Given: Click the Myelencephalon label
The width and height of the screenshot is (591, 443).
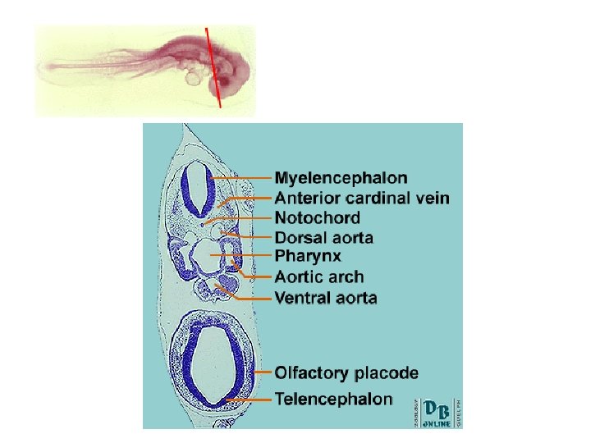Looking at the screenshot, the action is pos(341,177).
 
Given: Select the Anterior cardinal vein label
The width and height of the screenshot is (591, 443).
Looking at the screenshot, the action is pos(362,198).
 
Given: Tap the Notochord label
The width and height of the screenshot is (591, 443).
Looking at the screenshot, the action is pos(317,218).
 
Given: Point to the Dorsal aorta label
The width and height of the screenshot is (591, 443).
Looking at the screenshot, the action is pos(324,238).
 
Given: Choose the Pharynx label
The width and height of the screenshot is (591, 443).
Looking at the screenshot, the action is pos(308,257).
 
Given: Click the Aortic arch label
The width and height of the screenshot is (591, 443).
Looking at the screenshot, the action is pos(319,277).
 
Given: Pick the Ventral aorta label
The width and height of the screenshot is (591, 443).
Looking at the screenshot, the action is pos(326,297).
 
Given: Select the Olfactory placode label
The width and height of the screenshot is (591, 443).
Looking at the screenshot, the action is pos(346,373).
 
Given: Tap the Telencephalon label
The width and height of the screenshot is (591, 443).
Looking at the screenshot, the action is pos(333,400).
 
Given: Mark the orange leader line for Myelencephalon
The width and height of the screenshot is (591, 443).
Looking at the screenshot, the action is pos(242,177).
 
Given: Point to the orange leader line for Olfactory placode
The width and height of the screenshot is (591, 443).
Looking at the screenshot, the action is pos(263,373).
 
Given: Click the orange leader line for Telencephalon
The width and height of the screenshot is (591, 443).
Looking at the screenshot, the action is pos(250,400).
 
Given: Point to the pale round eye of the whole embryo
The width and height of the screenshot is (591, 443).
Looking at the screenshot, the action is pos(195,78).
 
